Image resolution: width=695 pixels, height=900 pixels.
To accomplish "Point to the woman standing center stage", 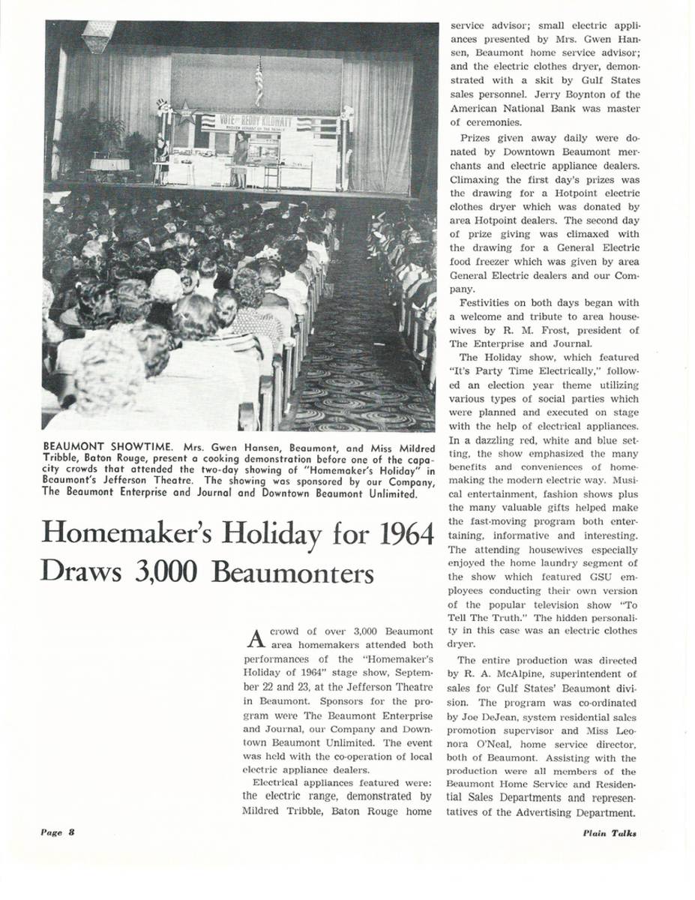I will pos(241,158).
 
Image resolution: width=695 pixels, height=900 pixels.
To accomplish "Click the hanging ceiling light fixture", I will pos(98,35).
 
